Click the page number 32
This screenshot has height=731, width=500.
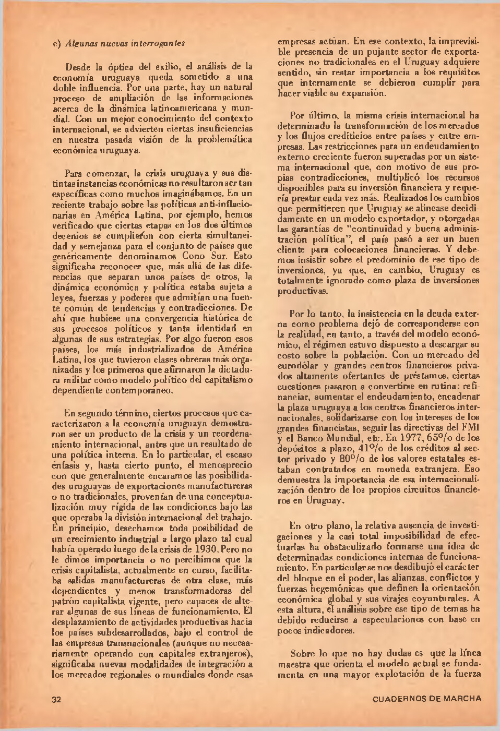point(57,700)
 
